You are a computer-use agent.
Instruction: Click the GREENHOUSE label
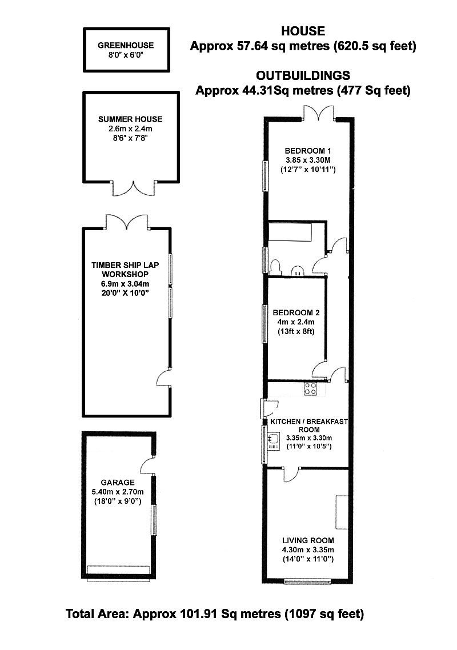[x=126, y=45]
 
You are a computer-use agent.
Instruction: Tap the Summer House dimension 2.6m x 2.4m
[x=130, y=129]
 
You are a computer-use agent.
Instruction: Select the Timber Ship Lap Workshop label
[x=125, y=270]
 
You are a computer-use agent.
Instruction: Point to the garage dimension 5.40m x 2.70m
[x=118, y=492]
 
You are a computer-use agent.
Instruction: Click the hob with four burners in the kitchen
[x=311, y=389]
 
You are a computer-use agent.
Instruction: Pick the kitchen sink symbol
[x=273, y=441]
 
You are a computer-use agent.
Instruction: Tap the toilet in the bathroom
[x=275, y=267]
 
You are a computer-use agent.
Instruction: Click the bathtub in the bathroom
[x=290, y=232]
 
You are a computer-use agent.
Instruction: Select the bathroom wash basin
[x=298, y=271]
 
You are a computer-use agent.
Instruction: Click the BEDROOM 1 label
[x=308, y=151]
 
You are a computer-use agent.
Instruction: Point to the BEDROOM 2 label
[x=296, y=312]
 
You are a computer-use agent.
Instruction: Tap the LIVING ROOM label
[x=308, y=540]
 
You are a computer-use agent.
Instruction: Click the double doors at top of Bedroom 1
[x=318, y=113]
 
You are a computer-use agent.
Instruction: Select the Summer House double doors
[x=134, y=188]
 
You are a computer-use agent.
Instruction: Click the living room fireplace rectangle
[x=342, y=512]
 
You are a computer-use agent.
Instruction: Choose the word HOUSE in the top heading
[x=303, y=31]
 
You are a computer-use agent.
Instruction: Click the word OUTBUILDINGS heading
[x=303, y=75]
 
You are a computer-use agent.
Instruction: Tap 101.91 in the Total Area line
[x=201, y=613]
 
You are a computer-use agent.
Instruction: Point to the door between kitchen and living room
[x=291, y=475]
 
